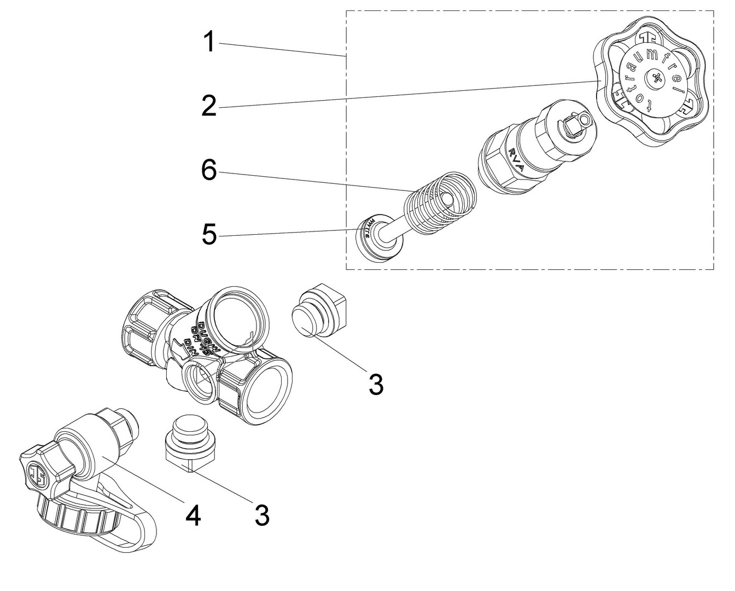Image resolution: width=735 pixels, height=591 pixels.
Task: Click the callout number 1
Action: (x=208, y=42)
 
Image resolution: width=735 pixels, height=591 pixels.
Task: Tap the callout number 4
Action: (x=192, y=515)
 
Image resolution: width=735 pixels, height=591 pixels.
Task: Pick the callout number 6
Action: (x=208, y=171)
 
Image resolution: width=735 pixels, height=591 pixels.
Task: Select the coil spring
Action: (x=437, y=205)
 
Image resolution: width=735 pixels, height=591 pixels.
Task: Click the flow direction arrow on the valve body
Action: (x=178, y=348)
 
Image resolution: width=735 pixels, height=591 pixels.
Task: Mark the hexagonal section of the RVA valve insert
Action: (x=500, y=161)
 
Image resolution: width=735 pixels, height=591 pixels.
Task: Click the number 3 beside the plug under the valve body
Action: (x=262, y=515)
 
